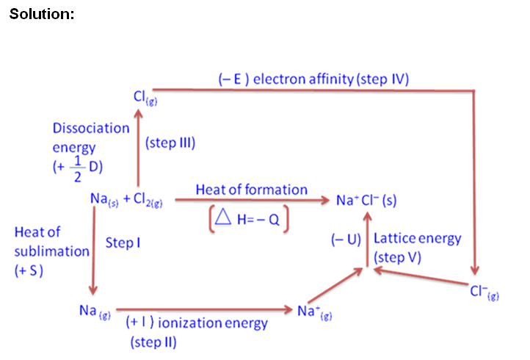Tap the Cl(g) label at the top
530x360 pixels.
click(x=142, y=98)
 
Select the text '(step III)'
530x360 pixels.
click(x=171, y=143)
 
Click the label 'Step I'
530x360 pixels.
click(x=123, y=242)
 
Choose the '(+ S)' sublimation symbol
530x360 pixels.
click(x=30, y=270)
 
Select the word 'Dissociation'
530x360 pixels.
click(x=90, y=128)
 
